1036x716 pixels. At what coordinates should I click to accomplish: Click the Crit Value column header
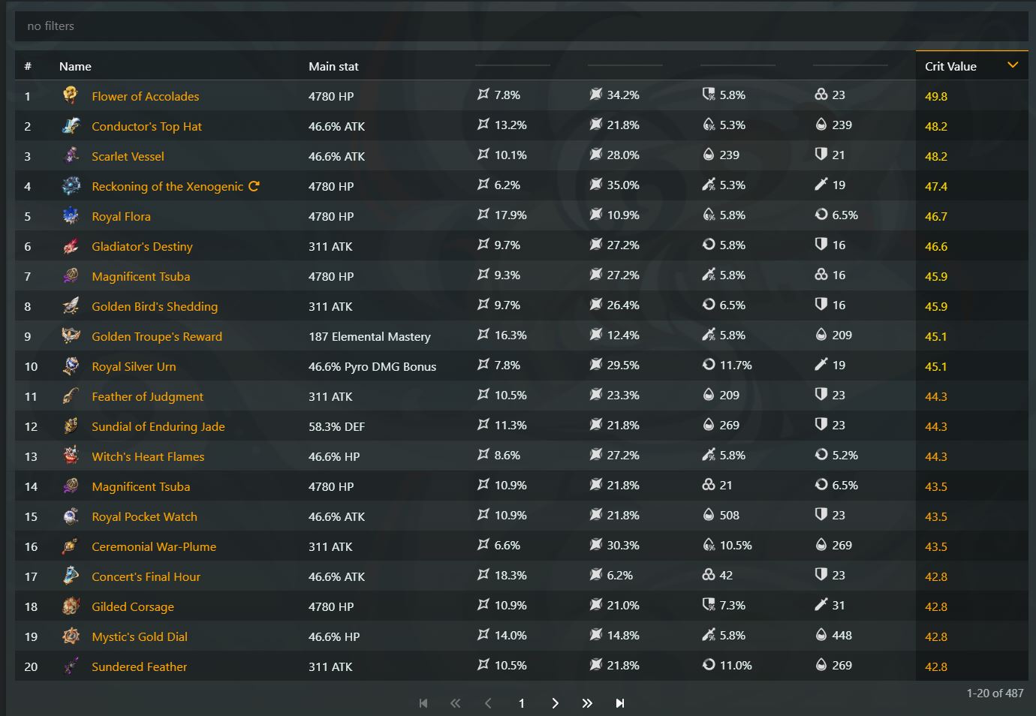950,66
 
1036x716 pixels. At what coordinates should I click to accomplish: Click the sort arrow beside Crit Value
1013,65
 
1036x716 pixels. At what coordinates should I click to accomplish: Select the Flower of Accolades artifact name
145,96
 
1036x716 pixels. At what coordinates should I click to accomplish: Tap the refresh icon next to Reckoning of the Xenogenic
254,186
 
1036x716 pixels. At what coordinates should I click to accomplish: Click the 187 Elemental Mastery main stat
369,336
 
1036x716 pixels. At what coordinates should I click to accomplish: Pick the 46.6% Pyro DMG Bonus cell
372,366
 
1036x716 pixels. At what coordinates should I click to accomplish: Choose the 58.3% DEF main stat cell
336,426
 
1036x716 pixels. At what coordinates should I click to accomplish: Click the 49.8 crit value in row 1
935,96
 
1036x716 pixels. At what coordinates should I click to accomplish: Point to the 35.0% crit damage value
622,185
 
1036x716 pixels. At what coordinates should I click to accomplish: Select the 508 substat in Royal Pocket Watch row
729,516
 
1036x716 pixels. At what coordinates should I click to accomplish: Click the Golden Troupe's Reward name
156,336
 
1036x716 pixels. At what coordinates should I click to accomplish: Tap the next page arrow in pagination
555,703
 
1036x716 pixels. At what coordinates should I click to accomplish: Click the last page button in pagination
619,703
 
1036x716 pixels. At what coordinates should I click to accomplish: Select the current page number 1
521,703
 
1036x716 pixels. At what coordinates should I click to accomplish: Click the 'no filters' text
50,26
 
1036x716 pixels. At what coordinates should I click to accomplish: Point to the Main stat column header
333,66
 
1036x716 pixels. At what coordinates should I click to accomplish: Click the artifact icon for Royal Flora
71,216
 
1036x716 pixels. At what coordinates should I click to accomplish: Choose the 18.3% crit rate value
510,576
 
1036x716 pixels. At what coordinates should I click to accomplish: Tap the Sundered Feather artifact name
139,666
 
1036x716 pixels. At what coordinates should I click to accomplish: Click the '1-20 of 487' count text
995,693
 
